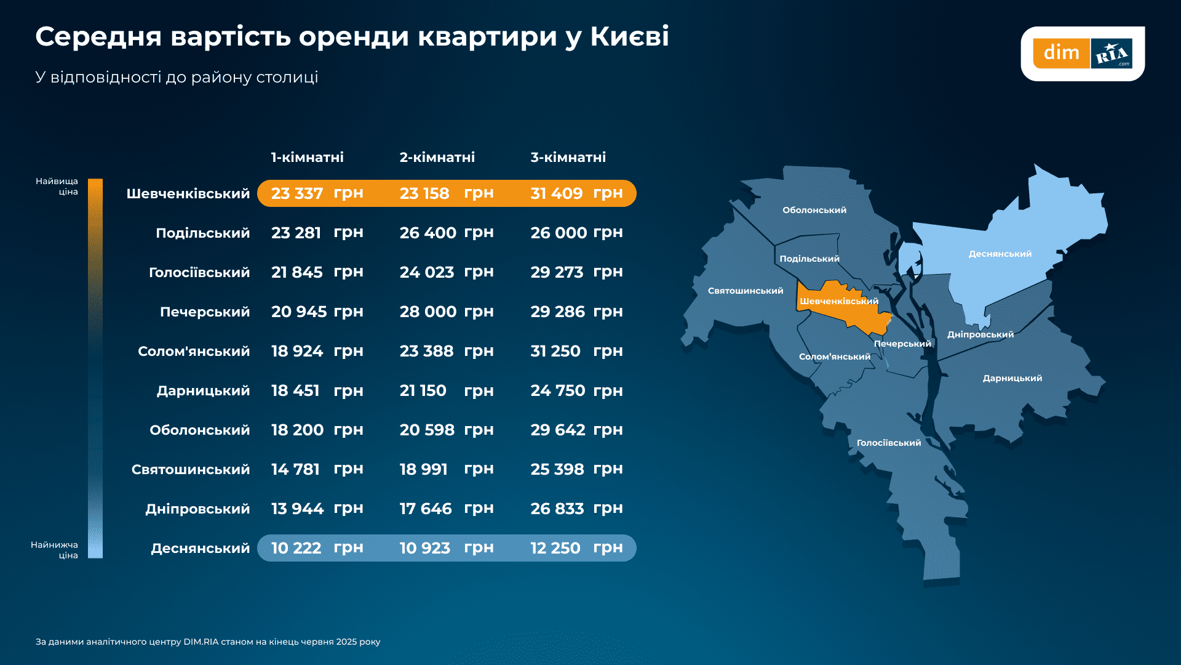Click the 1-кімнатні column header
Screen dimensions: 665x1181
tap(307, 157)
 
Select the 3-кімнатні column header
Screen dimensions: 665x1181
tap(568, 157)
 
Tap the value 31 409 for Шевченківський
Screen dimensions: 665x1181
tap(556, 193)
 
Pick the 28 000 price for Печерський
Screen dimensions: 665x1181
tap(427, 312)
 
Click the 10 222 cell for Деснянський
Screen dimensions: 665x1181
tap(296, 548)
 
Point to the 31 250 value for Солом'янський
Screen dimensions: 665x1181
tap(555, 351)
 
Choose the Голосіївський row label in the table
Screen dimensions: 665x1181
tap(199, 272)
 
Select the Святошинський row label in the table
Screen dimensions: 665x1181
tap(190, 469)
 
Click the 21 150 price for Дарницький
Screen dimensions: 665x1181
tap(423, 390)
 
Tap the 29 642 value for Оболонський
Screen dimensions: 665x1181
tap(557, 430)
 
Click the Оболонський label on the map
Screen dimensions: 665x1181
tap(814, 210)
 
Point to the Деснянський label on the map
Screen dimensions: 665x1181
tap(1000, 254)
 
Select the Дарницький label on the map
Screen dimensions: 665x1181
tap(1012, 378)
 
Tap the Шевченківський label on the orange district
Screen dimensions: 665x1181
tap(838, 301)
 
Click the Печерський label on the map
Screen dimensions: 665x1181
tap(902, 344)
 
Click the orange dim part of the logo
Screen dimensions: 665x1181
tap(1061, 53)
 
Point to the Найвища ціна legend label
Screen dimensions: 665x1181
tap(57, 186)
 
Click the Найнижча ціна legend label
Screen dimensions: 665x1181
tap(55, 550)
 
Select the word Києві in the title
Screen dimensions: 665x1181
tap(629, 36)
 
